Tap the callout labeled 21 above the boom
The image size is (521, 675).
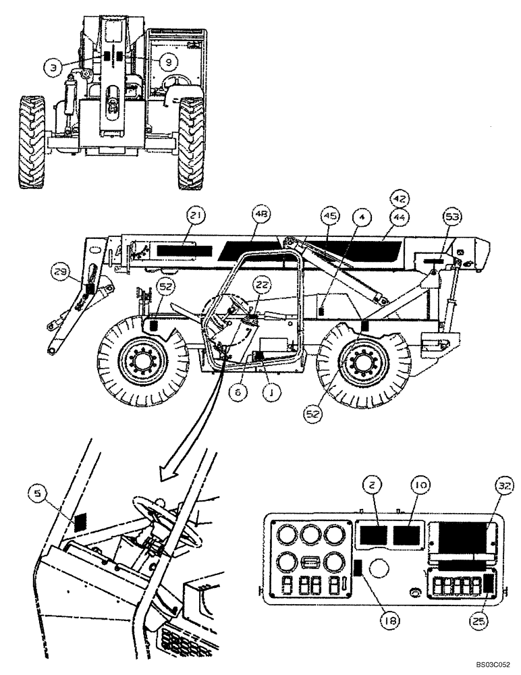(196, 216)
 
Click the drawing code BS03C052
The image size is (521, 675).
(491, 665)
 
